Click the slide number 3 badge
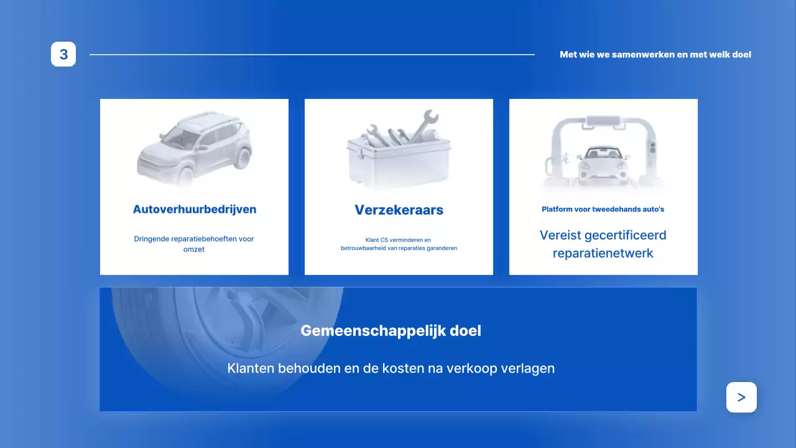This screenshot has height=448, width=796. (63, 54)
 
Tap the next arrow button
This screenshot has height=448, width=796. (741, 397)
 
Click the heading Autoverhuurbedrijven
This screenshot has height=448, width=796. (194, 209)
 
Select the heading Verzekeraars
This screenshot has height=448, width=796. (399, 210)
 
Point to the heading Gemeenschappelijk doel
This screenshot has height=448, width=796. (391, 330)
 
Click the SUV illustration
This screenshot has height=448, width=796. (195, 148)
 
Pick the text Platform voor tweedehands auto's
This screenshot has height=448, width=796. (603, 209)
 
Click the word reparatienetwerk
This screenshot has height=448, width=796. (603, 253)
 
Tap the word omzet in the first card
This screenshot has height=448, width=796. (194, 250)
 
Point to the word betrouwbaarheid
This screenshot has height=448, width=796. (365, 248)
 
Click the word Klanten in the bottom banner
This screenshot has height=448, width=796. (251, 368)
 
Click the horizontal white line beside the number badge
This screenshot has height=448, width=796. (311, 55)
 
